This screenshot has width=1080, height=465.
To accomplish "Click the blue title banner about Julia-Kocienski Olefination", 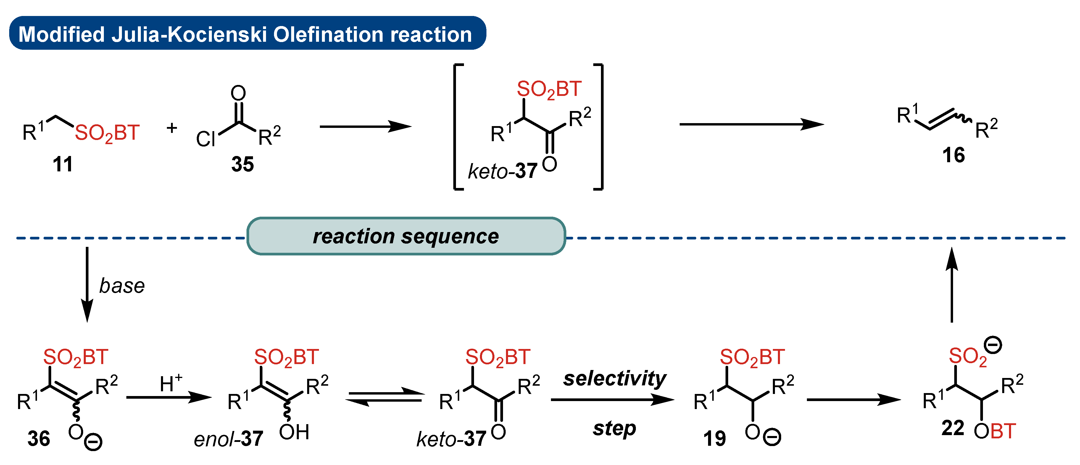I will [247, 33].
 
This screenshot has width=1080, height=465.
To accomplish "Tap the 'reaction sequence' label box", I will [406, 236].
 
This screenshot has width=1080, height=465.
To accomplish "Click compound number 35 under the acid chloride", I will [242, 164].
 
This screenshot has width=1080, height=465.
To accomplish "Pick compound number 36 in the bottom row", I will [38, 439].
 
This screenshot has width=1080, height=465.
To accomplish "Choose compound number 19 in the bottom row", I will [714, 439].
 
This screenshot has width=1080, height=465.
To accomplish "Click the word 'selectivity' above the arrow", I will [614, 379].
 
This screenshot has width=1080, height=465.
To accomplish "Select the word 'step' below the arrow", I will [614, 429].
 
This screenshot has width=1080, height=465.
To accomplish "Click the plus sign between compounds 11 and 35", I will [172, 128].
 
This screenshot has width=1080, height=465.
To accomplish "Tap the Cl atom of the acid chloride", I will [205, 139].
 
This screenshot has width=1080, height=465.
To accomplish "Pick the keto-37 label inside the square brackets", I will [502, 171].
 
